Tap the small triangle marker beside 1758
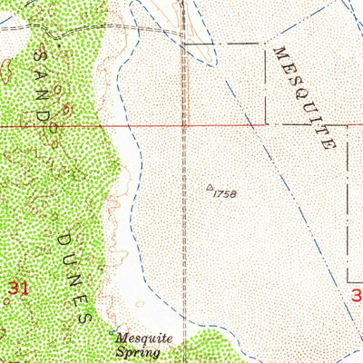coord(211,188)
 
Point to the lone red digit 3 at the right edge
coord(356,295)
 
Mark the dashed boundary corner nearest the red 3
coord(348,280)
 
